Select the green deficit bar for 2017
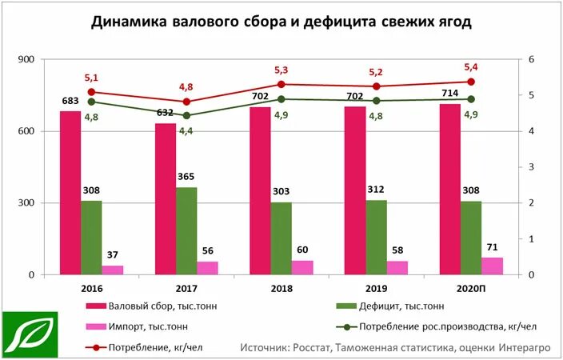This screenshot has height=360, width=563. click(x=186, y=231)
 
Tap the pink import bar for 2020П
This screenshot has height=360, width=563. click(x=492, y=266)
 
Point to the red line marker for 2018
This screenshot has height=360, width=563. click(x=281, y=84)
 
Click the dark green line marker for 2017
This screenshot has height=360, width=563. click(x=186, y=115)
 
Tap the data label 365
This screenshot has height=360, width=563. click(x=186, y=176)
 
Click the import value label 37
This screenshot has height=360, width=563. click(x=114, y=254)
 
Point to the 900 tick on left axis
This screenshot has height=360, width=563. click(x=27, y=60)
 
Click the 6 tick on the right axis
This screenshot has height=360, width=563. click(x=530, y=60)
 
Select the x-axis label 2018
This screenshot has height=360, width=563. click(x=281, y=286)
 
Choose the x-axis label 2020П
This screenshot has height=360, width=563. click(x=470, y=286)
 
